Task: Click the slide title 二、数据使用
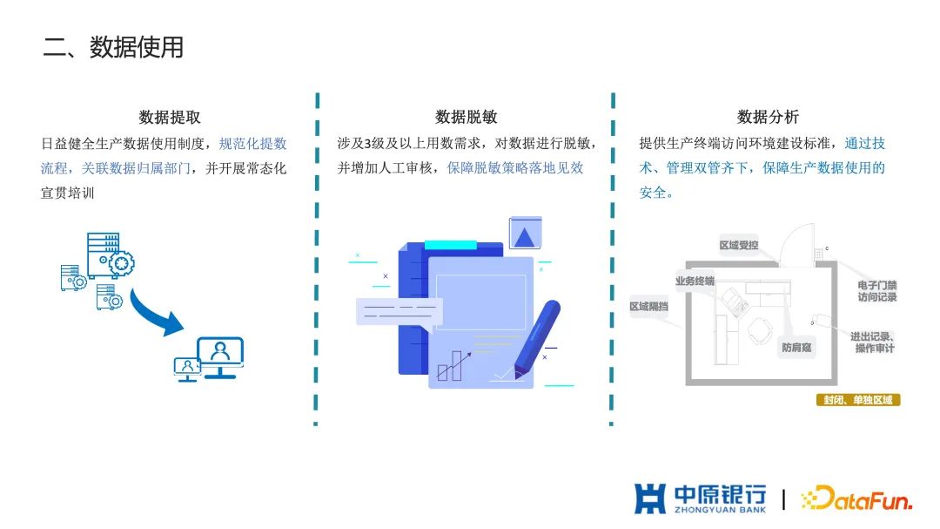coord(113,47)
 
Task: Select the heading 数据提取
coord(170,117)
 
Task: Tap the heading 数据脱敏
coord(466,117)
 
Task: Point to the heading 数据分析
coord(768,117)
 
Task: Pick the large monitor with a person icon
coord(220,356)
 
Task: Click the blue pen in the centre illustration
coord(536,336)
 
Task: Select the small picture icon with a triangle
coord(525,234)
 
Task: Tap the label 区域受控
coord(739,246)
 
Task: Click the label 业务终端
coord(695,281)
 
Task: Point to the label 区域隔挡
coord(649,307)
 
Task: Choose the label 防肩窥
coord(796,347)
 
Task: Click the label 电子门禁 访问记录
coord(876,291)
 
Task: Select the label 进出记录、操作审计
coord(873,342)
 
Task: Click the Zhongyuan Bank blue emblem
coord(650,498)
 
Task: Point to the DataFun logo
coord(856,498)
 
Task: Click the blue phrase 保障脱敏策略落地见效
coord(515,168)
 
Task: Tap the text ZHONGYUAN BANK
coord(720,509)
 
